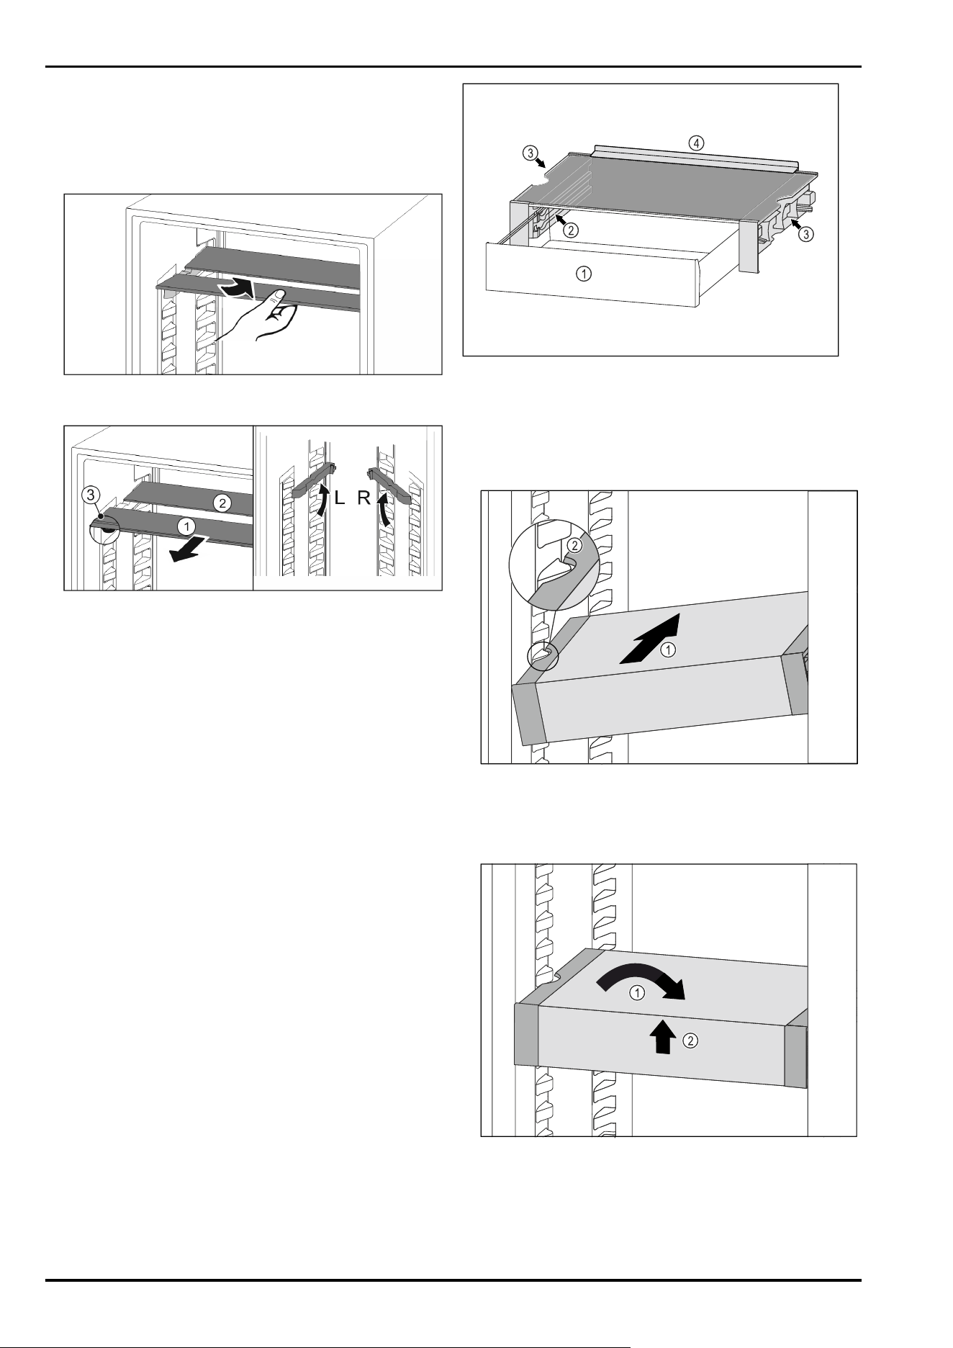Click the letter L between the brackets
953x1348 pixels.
pyautogui.click(x=342, y=499)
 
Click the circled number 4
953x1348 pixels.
pyautogui.click(x=696, y=143)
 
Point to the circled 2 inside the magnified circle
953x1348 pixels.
pyautogui.click(x=574, y=544)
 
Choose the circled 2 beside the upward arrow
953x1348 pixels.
pyautogui.click(x=690, y=1041)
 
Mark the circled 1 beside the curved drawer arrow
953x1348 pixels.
pyautogui.click(x=637, y=993)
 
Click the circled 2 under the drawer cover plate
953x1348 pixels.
pyautogui.click(x=571, y=231)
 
